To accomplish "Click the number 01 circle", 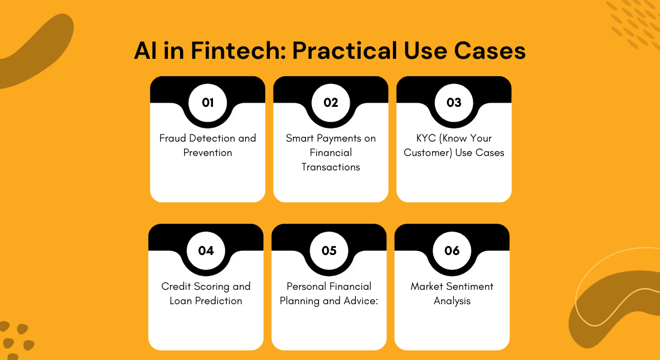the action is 208,103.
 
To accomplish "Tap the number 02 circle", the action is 331,103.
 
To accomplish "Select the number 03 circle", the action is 454,103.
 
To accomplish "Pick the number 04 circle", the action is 206,251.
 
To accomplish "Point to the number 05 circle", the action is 329,251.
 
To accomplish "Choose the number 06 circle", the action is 452,251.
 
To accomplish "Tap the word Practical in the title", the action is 345,50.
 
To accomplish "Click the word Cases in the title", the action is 490,51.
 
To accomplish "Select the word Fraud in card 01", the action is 173,138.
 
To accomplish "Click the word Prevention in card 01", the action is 208,152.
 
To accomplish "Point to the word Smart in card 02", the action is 299,138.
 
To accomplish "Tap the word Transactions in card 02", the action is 331,167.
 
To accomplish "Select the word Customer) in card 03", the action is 428,152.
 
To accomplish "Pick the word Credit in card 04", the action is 175,286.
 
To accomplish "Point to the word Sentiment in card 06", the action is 470,286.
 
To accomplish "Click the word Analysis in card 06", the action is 452,301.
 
